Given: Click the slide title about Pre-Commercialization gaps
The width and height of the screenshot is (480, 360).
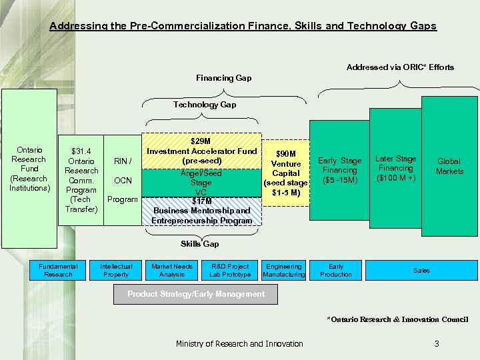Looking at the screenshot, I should tap(243, 26).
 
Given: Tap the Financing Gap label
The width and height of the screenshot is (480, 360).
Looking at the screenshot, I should tap(223, 78).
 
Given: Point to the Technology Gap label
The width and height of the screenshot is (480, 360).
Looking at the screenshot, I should tap(205, 105).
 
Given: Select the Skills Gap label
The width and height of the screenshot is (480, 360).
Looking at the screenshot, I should tap(200, 244).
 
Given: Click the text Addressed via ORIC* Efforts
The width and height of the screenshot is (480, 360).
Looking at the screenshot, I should tap(400, 67).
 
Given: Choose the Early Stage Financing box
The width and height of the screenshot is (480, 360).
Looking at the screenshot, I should tap(339, 170).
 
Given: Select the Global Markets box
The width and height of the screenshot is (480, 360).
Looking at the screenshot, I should tap(449, 166).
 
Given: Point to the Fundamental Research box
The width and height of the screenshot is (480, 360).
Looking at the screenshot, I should tap(58, 270).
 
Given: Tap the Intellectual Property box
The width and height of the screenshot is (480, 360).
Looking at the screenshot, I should tap(116, 270).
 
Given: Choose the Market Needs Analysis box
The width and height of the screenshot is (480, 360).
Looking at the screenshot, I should tap(173, 270).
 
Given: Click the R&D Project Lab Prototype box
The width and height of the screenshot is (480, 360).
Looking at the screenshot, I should tap(230, 270).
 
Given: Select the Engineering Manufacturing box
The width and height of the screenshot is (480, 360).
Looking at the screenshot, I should tap(284, 270).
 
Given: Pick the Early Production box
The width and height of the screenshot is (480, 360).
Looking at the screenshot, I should tap(336, 270).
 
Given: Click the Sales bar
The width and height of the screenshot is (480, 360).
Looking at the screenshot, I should tap(421, 270).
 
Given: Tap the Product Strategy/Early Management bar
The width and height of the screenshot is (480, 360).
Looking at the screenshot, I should tap(196, 294).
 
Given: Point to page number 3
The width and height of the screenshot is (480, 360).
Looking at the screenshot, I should tap(436, 344).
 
